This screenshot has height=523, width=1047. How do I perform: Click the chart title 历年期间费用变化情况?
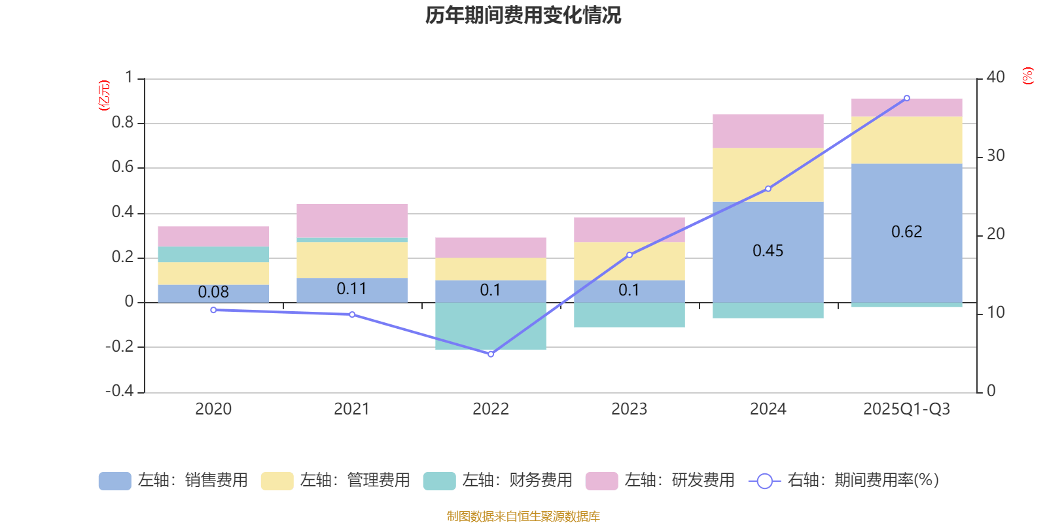523,15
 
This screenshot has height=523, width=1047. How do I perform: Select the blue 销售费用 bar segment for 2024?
768,275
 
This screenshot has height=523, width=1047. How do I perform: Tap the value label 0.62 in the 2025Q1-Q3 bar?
906,232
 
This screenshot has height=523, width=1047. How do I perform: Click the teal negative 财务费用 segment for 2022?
490,326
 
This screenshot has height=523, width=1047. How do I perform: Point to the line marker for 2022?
491,354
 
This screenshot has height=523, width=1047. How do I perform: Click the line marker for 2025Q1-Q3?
906,98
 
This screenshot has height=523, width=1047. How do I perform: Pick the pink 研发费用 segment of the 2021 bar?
351,220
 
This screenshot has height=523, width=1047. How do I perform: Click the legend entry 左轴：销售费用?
173,481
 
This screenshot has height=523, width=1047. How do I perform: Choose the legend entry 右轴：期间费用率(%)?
843,481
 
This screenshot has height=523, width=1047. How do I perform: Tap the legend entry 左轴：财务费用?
498,481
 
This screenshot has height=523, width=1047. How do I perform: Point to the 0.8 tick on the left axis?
122,123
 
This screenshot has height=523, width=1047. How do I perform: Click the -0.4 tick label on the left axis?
119,391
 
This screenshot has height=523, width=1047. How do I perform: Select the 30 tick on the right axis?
995,156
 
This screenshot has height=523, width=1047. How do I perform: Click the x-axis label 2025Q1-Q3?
906,409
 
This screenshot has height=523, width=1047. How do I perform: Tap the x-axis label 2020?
213,409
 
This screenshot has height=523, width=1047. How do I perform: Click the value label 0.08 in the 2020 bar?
213,292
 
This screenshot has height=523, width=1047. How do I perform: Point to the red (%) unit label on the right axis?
1027,76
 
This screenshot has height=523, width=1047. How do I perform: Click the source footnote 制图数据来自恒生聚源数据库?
523,516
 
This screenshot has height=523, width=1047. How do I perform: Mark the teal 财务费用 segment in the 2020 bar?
213,254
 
